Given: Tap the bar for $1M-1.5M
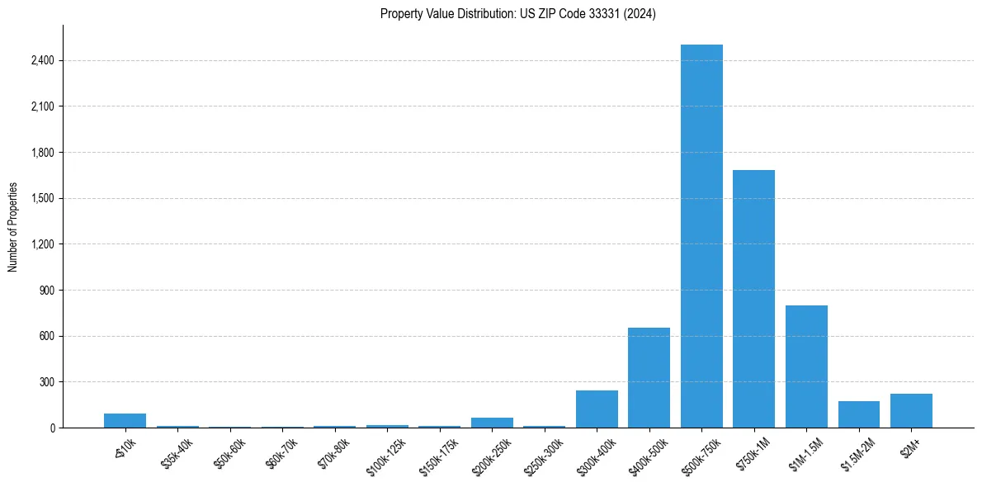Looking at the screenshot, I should tap(806, 366).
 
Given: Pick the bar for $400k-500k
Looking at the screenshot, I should tap(649, 377).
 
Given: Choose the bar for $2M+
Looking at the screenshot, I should tap(911, 410).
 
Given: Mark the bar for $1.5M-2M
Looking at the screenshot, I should tap(858, 414).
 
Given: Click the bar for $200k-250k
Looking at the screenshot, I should tap(492, 423).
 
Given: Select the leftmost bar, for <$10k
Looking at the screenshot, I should tap(125, 420).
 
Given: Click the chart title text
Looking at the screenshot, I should tap(517, 14).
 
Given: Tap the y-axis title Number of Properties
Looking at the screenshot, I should tap(13, 226).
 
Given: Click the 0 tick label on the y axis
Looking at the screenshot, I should tap(52, 428).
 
